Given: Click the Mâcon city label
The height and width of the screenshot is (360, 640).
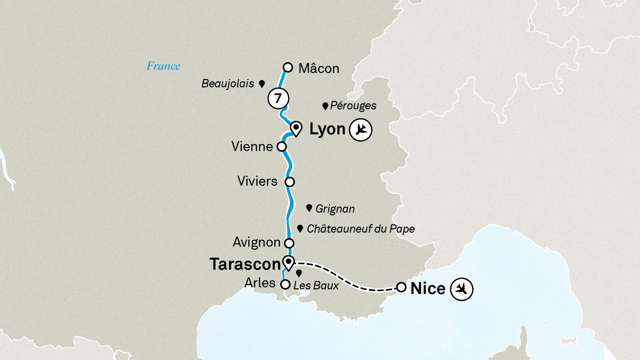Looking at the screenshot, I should click(319, 68).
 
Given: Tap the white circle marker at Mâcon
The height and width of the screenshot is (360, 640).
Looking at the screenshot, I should click(288, 67).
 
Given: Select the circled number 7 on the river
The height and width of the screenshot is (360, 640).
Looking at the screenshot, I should click(278, 98).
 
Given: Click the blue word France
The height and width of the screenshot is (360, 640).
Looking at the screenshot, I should click(163, 66).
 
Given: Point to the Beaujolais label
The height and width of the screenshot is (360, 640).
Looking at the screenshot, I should click(228, 83).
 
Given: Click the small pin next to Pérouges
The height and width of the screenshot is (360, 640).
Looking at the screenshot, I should click(325, 106).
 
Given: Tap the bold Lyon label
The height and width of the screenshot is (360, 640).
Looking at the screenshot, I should click(327, 129).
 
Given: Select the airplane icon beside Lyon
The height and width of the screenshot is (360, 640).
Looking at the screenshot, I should click(360, 130).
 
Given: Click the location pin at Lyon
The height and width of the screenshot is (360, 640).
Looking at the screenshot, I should click(296, 128).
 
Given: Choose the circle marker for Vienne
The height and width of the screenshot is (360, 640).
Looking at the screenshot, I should click(282, 146).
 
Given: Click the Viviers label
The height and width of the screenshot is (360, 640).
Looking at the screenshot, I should click(257, 181).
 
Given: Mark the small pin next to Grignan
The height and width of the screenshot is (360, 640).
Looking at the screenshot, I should click(309, 208).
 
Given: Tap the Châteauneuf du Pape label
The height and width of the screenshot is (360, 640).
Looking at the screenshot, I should click(361, 229).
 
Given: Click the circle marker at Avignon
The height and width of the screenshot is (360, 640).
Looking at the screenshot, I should click(289, 243).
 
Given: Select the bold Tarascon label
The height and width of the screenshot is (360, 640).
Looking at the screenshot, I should click(245, 264).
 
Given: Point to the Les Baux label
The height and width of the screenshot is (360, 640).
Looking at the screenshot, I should click(316, 286).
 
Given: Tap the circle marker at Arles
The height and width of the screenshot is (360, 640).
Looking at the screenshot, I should click(285, 284).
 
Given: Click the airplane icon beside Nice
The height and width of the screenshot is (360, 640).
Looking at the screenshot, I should click(462, 289).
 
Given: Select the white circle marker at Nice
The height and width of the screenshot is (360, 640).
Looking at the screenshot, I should click(401, 287).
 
